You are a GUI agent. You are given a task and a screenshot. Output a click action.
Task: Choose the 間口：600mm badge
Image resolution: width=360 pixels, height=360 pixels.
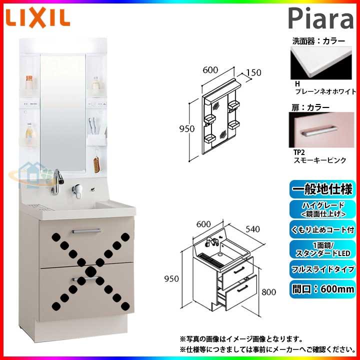[322, 288]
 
